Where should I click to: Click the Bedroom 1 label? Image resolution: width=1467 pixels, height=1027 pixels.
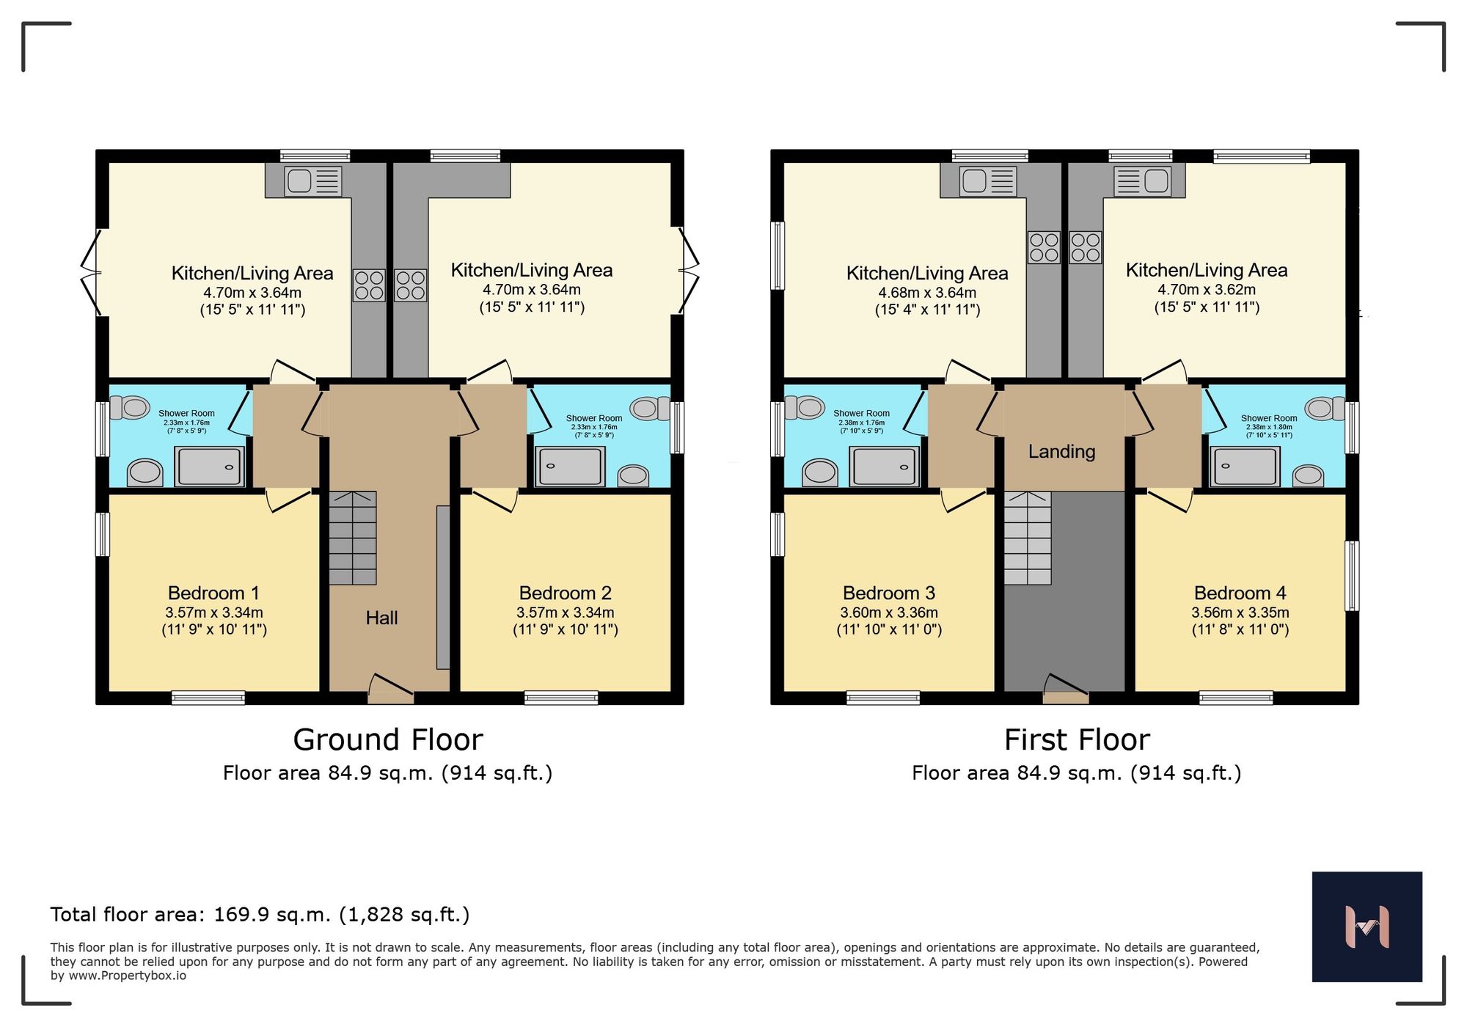[213, 593]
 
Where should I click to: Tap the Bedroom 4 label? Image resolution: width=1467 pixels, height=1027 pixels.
[1240, 593]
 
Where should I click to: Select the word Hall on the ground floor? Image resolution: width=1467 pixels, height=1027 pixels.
[381, 618]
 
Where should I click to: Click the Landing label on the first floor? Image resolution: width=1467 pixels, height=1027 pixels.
[1061, 451]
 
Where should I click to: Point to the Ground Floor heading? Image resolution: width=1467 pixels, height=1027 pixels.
[387, 739]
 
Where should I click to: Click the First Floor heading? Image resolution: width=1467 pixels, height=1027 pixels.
[1076, 739]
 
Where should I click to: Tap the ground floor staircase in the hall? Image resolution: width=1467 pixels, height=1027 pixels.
[353, 538]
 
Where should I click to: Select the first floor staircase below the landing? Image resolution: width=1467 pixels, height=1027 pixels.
[1028, 538]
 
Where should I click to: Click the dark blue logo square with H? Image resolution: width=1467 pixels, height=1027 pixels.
[1367, 927]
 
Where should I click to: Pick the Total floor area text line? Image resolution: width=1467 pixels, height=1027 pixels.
[260, 915]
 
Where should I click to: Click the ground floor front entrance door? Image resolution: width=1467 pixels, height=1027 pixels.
[392, 690]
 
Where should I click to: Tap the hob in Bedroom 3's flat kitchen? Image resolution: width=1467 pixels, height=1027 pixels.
[1043, 247]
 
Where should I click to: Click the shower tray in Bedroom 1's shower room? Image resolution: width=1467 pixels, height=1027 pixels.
[210, 467]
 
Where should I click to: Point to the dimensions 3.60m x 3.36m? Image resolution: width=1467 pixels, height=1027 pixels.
[889, 613]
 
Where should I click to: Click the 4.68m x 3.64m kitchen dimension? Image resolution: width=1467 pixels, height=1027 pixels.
[927, 293]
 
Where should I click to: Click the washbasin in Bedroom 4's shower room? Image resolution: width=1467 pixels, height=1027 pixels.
[1309, 475]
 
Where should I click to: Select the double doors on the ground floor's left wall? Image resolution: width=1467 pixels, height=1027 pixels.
[92, 273]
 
